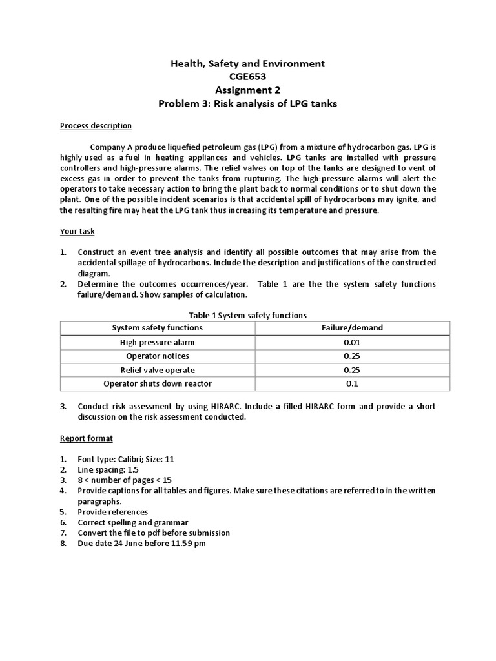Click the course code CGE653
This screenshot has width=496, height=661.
[x=248, y=76]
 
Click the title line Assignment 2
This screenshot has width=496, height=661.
[x=248, y=90]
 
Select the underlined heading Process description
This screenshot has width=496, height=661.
[x=96, y=126]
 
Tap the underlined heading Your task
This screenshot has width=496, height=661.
[x=77, y=231]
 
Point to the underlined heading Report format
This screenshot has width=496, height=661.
[x=87, y=438]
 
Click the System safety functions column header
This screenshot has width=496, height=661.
[x=158, y=328]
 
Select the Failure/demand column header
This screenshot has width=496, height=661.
[x=352, y=328]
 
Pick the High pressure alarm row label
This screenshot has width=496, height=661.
[x=158, y=342]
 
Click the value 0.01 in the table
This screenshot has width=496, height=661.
[x=352, y=342]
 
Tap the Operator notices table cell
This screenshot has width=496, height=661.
[x=158, y=356]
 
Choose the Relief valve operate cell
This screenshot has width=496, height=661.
[x=158, y=371]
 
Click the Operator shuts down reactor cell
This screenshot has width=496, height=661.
[x=158, y=384]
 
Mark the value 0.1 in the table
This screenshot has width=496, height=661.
[x=352, y=384]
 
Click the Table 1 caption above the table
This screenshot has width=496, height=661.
[x=247, y=315]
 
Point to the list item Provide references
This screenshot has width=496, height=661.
[x=113, y=512]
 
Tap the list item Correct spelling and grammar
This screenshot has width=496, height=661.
[x=133, y=522]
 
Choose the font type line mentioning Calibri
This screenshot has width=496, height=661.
[x=126, y=460]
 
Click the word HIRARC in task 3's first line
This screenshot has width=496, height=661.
[x=227, y=407]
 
